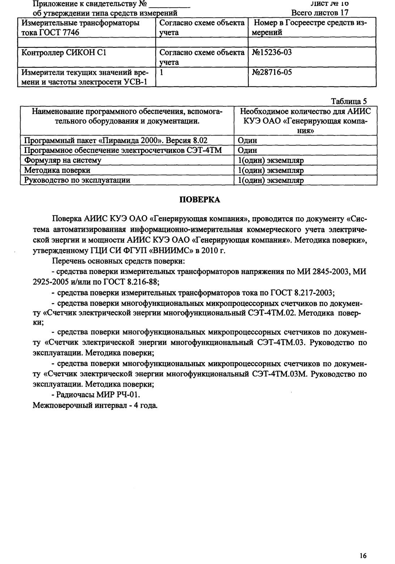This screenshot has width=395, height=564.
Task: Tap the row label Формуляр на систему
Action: tap(63, 160)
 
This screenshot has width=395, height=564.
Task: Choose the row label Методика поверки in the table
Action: tap(57, 170)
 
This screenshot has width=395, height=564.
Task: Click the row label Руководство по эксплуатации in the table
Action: tap(77, 180)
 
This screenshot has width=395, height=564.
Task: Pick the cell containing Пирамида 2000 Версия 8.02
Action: tap(116, 140)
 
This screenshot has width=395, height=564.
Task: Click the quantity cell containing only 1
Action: tap(162, 72)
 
